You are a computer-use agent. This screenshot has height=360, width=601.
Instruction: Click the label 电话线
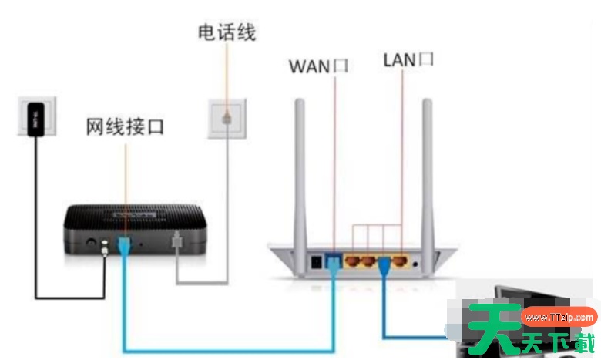(227, 32)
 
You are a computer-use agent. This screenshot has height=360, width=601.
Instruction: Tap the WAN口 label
(318, 65)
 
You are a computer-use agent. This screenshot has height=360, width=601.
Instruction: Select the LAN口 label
(408, 59)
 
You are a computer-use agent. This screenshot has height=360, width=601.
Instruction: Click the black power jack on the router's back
(315, 262)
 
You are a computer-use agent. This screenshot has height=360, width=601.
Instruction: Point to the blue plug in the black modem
(123, 246)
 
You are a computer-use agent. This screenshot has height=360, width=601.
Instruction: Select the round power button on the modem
(92, 244)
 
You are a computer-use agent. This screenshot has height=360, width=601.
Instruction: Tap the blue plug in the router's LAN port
(383, 267)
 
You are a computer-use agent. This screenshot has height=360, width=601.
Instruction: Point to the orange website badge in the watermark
(559, 317)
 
